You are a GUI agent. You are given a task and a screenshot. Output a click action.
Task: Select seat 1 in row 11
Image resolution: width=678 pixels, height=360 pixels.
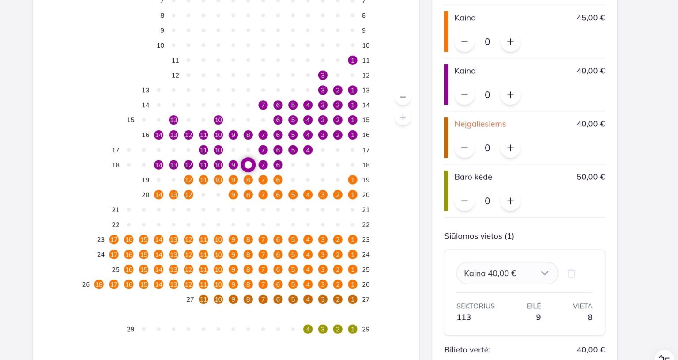coord(352,60)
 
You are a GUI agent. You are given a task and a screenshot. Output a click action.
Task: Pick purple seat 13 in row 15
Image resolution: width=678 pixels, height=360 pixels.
coord(173,120)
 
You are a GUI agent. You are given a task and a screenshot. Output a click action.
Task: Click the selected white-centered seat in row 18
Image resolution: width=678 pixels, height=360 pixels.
coord(248,165)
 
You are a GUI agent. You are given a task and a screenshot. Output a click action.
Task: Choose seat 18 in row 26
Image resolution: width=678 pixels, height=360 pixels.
coord(99,284)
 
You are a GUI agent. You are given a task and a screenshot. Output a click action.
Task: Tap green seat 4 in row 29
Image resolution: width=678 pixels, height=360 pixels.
coord(308,329)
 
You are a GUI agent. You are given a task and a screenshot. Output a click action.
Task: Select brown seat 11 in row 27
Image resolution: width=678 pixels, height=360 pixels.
coord(203,299)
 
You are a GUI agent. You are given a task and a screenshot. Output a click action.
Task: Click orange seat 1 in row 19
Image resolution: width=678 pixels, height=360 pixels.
coord(352,180)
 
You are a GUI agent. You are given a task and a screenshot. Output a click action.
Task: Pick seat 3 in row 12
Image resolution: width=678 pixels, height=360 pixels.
coord(323,75)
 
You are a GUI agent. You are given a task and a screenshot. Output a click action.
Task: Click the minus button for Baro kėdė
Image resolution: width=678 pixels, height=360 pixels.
coord(464,201)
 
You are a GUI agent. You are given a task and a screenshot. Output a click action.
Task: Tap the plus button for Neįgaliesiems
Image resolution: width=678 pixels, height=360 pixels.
coord(510,148)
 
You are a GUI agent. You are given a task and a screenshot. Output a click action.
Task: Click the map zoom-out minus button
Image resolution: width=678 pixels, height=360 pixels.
coord(403,97)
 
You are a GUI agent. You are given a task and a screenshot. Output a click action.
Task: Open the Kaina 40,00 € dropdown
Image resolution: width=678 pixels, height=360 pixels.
coord(507,273)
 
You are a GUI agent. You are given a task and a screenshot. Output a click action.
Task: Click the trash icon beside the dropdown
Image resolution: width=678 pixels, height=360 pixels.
coord(572,273)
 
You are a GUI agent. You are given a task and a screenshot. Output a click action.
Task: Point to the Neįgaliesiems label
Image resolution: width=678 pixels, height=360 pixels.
coord(480,124)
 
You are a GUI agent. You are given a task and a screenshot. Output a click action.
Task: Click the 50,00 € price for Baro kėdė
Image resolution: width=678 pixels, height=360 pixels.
coord(591,177)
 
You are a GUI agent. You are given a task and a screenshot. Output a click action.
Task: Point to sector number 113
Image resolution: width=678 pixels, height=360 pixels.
coord(464,317)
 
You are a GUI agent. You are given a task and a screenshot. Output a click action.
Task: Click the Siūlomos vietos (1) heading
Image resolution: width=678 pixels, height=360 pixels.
coord(479,236)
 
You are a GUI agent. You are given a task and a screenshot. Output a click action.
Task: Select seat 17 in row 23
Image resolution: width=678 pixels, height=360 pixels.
coord(114,239)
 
